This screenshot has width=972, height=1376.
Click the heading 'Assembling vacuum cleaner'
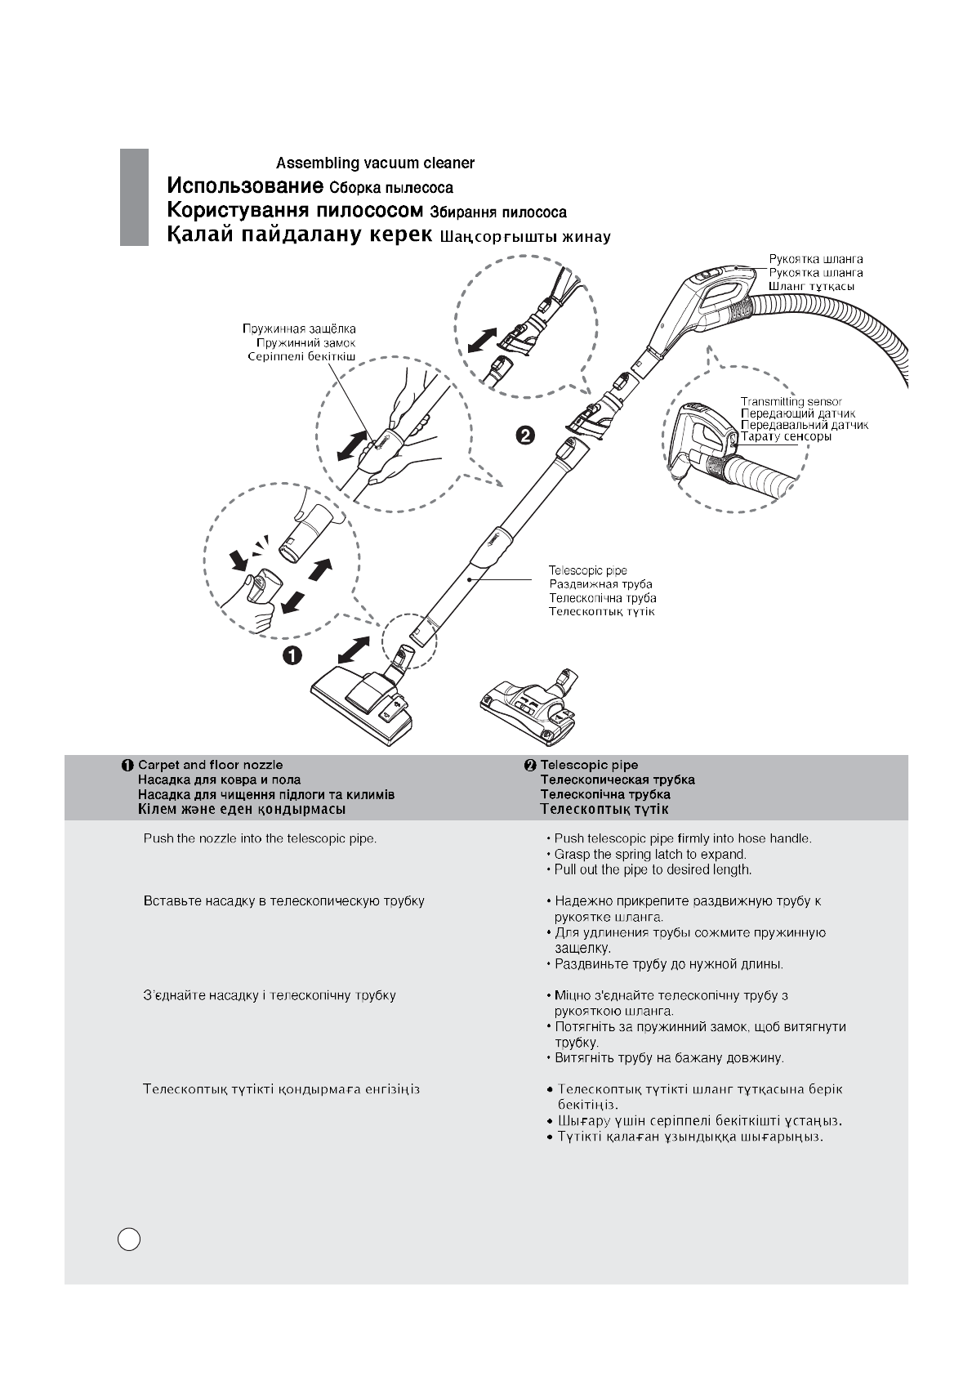(375, 163)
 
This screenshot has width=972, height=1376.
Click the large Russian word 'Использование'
(240, 185)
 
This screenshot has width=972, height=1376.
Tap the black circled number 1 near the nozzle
(292, 654)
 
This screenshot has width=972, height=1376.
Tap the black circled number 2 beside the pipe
(524, 435)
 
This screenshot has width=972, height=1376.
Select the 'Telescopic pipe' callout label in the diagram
(588, 570)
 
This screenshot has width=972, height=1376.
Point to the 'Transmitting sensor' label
(791, 401)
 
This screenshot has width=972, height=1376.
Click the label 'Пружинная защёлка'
(299, 329)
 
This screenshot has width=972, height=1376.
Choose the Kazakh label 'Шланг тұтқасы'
(811, 287)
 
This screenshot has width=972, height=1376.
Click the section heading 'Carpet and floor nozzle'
(210, 765)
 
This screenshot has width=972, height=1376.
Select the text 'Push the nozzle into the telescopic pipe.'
(260, 838)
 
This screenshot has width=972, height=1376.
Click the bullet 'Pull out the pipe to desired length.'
(653, 869)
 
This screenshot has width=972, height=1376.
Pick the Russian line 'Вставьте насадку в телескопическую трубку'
(283, 901)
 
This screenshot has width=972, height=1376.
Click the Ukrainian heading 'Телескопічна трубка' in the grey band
(605, 794)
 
